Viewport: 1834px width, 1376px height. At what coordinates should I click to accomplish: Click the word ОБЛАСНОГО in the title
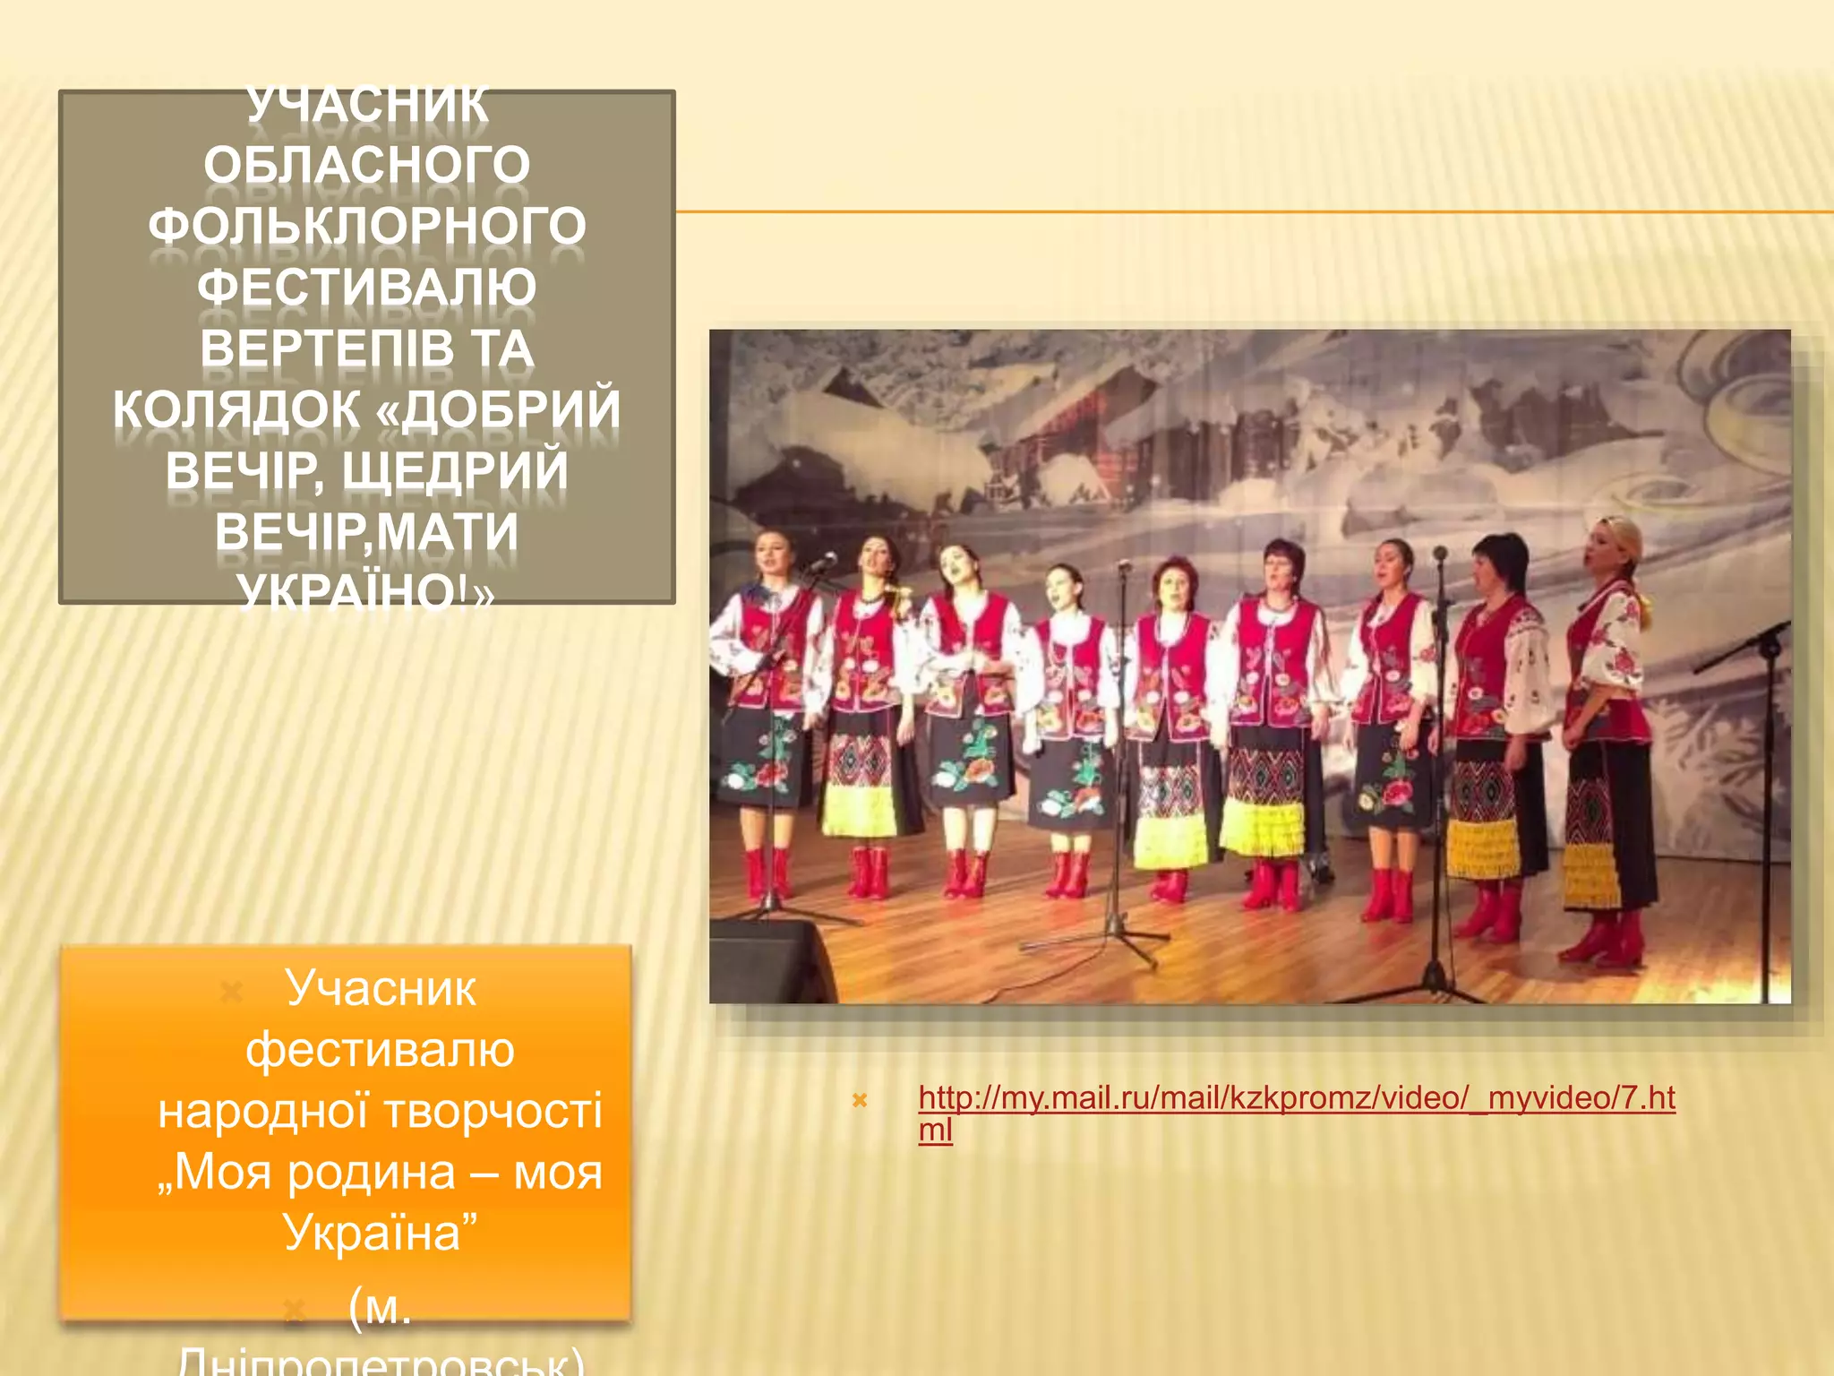click(366, 166)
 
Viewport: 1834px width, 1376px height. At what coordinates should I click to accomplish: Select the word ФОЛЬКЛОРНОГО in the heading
click(366, 227)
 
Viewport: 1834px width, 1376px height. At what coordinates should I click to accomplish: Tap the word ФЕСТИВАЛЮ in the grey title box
click(366, 288)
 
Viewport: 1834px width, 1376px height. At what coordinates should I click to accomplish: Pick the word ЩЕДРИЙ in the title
click(455, 471)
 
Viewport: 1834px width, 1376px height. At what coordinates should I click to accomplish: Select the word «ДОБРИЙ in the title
click(498, 409)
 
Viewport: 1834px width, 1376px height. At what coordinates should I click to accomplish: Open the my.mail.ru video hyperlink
click(1296, 1099)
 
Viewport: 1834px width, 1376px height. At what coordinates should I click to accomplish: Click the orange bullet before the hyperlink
click(860, 1100)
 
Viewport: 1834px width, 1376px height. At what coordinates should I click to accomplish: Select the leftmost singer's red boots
click(768, 873)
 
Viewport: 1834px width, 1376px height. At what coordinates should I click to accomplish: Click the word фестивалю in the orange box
click(380, 1050)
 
